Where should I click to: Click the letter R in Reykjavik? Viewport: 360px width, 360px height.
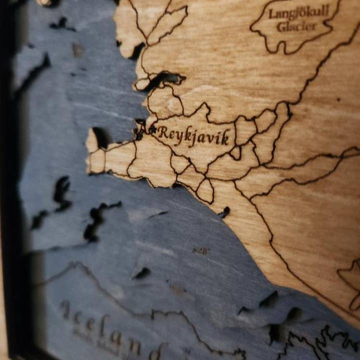point(163,132)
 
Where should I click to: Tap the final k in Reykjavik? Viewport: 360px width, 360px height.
point(225,137)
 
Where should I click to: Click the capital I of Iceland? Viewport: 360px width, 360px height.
point(65,310)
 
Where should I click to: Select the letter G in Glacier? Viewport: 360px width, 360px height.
point(281,26)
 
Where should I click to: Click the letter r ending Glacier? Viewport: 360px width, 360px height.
point(315,25)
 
